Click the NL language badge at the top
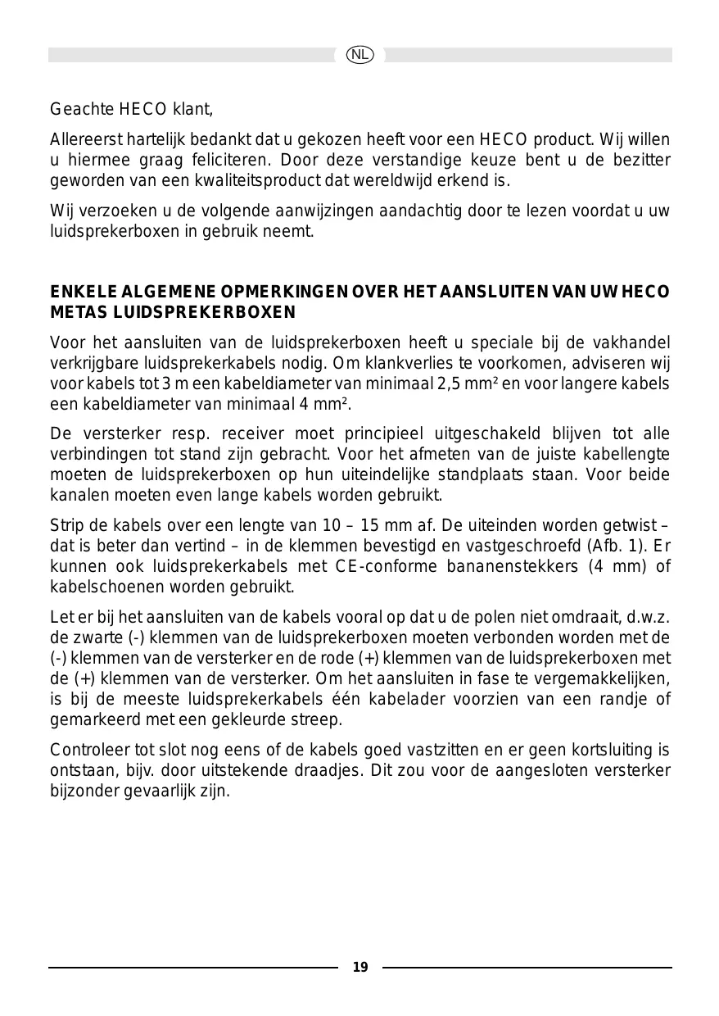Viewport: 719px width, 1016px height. pos(359,55)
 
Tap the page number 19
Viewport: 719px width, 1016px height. pos(360,968)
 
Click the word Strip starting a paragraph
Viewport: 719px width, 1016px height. pos(66,524)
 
